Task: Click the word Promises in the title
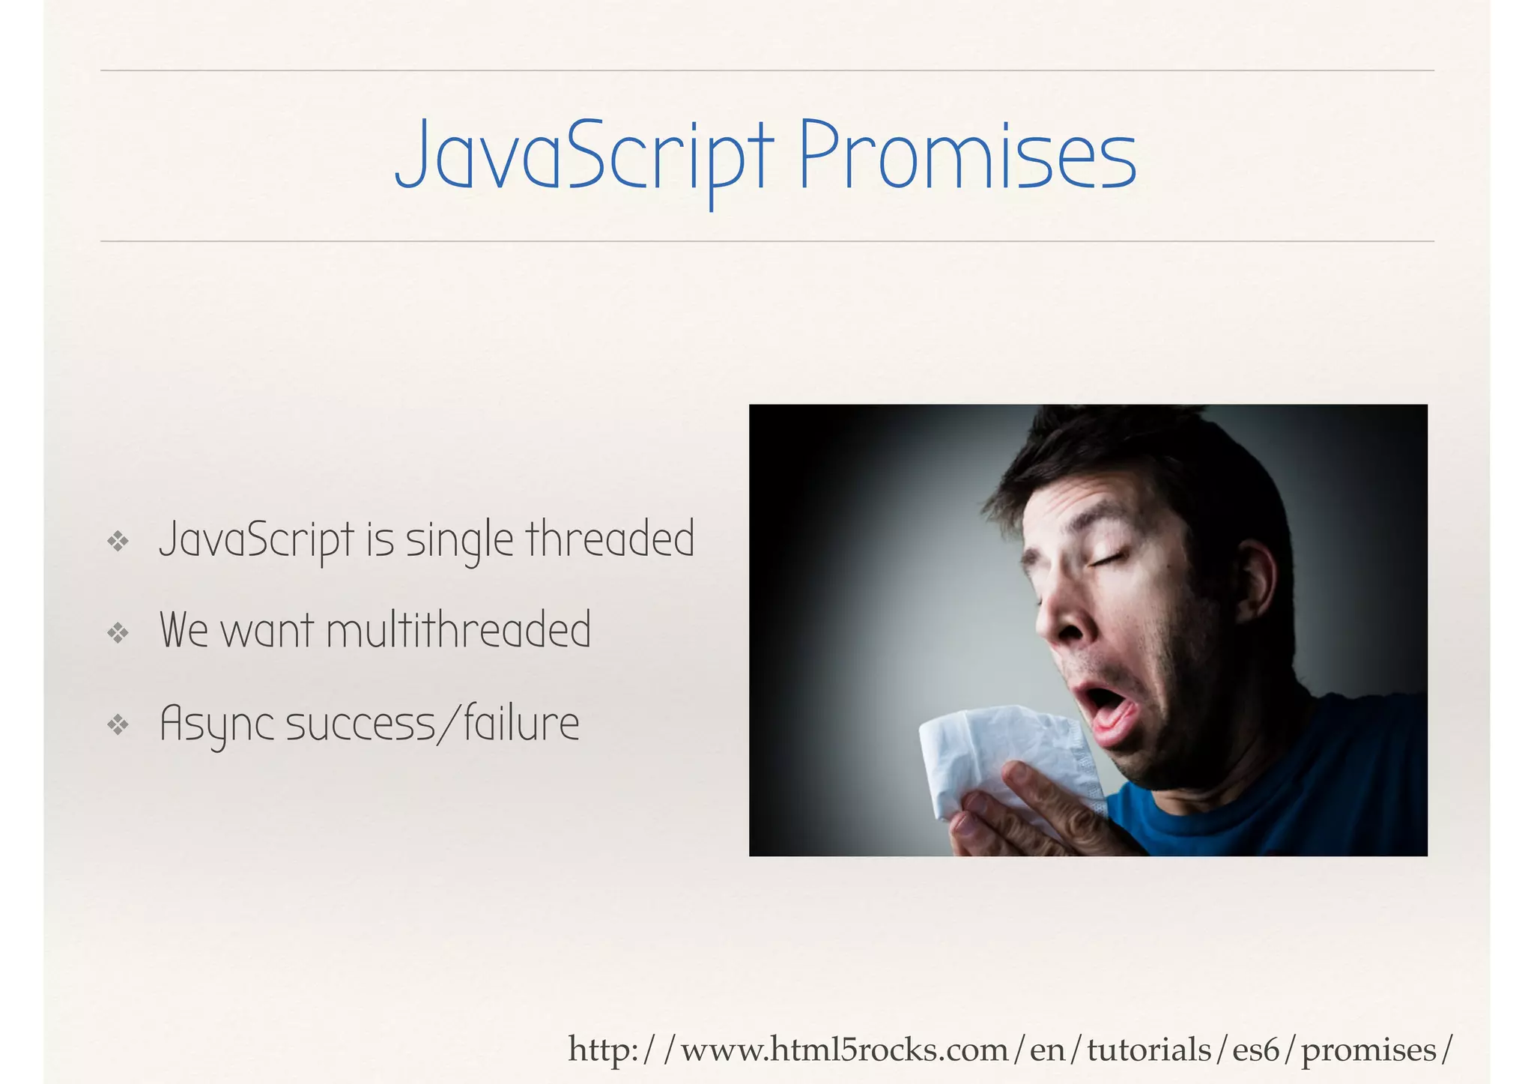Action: [967, 155]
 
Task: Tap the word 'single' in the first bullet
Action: [459, 540]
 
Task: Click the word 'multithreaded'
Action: [458, 630]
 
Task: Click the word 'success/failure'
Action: [432, 724]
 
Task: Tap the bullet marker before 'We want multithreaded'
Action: [118, 633]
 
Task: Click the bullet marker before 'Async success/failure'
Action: [118, 724]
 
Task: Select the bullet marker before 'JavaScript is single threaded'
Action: [118, 541]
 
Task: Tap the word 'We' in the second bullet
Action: [184, 630]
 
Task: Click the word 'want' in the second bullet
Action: [267, 632]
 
